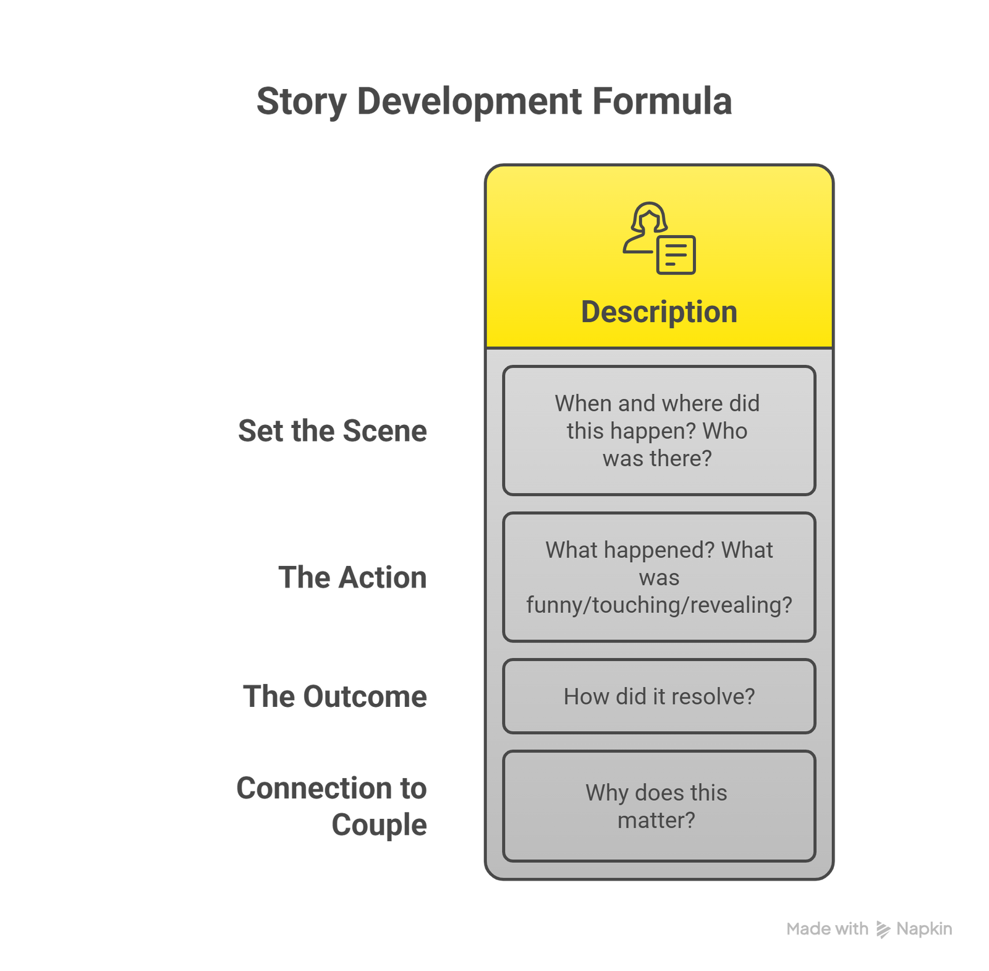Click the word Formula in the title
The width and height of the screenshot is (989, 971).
pos(662,101)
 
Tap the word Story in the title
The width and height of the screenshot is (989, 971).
pos(301,102)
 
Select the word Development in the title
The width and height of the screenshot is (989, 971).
pos(469,102)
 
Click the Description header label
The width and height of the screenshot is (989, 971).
pos(659,312)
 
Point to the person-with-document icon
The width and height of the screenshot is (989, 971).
pos(659,238)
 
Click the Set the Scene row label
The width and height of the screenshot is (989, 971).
pos(333,430)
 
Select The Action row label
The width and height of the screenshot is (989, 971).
pos(352,577)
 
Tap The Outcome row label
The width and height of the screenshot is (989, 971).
pos(335,696)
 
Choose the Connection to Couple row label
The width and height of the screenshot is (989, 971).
pos(332,806)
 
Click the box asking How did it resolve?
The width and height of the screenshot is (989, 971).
pos(659,696)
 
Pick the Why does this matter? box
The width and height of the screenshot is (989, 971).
pos(659,806)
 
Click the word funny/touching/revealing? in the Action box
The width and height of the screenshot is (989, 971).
pos(659,605)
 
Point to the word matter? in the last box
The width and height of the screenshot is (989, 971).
pos(656,820)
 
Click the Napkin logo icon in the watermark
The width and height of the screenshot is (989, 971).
pos(883,930)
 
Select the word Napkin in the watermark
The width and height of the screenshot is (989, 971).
pos(924,929)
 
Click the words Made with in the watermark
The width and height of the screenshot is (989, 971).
pos(827,929)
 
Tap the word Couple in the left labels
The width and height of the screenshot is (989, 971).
pos(379,825)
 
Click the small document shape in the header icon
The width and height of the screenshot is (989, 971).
pos(676,255)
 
